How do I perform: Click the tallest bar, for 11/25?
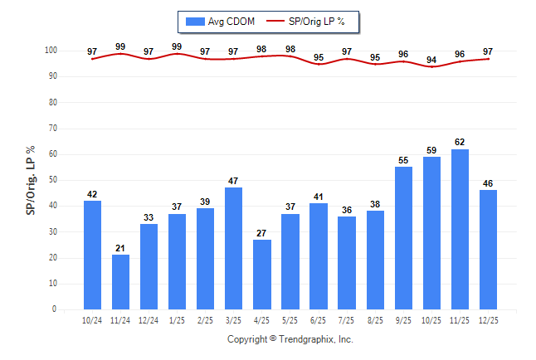(x=459, y=229)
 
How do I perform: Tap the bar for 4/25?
(x=261, y=274)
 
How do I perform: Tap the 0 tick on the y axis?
(x=54, y=309)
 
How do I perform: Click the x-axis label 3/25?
(x=233, y=319)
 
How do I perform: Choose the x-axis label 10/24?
(x=92, y=319)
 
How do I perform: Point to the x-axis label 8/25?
(x=374, y=319)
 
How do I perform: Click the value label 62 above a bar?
(x=459, y=142)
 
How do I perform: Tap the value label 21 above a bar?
(x=120, y=248)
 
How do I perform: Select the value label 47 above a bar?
(x=233, y=181)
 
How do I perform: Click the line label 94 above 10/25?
(x=431, y=60)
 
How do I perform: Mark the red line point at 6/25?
(x=318, y=64)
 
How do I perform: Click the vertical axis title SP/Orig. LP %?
(x=31, y=180)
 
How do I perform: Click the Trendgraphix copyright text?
(x=290, y=339)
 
